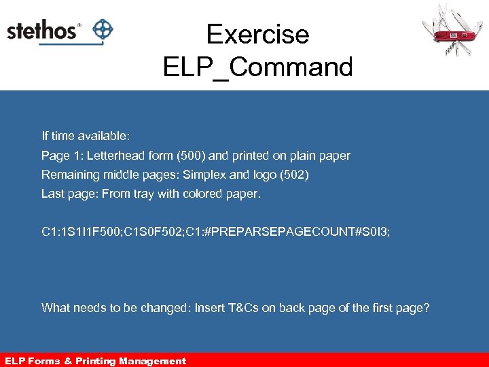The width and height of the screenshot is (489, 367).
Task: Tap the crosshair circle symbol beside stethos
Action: [102, 30]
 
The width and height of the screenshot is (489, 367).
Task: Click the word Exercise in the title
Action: [257, 34]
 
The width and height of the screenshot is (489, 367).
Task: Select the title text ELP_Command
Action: [257, 67]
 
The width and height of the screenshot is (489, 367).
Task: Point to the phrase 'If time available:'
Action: [86, 137]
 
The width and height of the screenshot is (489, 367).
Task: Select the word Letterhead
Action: [116, 156]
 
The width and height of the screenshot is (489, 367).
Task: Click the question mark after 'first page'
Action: [427, 308]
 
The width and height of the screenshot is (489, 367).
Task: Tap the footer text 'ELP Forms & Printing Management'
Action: [95, 361]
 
